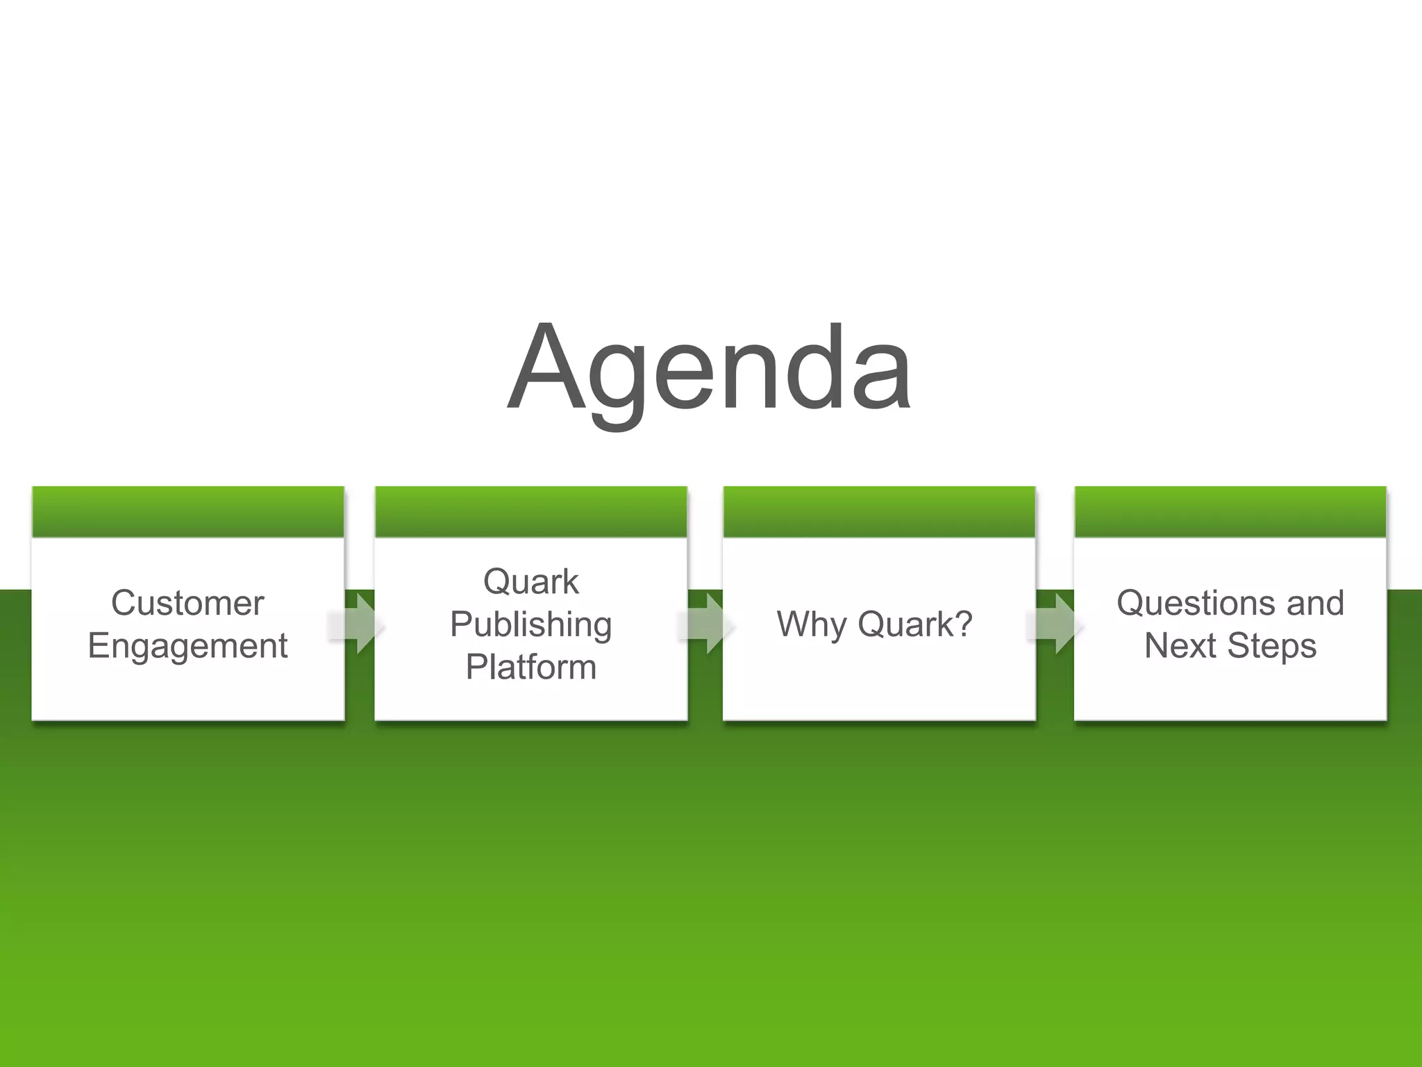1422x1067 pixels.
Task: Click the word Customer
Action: coord(187,603)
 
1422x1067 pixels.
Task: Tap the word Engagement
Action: coord(187,646)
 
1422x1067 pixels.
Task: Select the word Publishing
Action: coord(530,625)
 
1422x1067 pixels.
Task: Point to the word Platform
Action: coord(530,667)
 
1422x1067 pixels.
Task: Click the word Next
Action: coord(1180,646)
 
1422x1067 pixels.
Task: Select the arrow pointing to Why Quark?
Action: coord(707,625)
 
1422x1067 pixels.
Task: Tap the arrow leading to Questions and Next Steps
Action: coord(1056,625)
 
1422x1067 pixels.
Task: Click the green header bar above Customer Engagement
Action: coord(187,512)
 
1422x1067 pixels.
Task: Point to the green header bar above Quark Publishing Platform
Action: coord(530,512)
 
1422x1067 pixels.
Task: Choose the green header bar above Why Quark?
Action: coord(879,512)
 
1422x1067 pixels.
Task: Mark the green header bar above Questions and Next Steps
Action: coord(1230,512)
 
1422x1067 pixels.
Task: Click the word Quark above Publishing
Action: coord(530,581)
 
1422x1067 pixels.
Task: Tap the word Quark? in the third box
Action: coord(914,624)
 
